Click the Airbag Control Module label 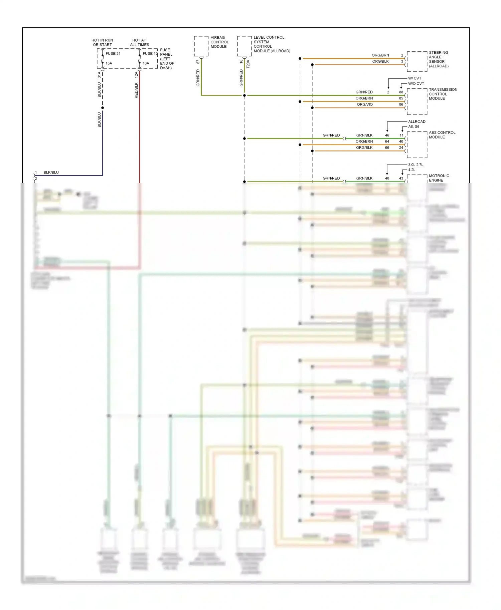click(219, 42)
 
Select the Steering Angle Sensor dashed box click(417, 62)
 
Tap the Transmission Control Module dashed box click(417, 101)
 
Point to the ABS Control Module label click(442, 135)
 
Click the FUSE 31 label click(113, 53)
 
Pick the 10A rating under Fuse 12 click(146, 63)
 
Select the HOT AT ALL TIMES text click(139, 42)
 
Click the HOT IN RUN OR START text click(102, 42)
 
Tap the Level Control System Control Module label click(271, 44)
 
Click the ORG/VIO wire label click(365, 104)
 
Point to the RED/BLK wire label click(136, 90)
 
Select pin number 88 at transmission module click(401, 92)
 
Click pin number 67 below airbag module click(198, 62)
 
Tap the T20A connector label click(248, 64)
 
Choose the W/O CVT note click(416, 84)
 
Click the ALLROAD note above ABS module click(416, 121)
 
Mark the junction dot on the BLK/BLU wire click(103, 108)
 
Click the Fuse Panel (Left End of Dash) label click(167, 59)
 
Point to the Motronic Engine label click(439, 178)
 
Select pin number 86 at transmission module click(401, 104)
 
